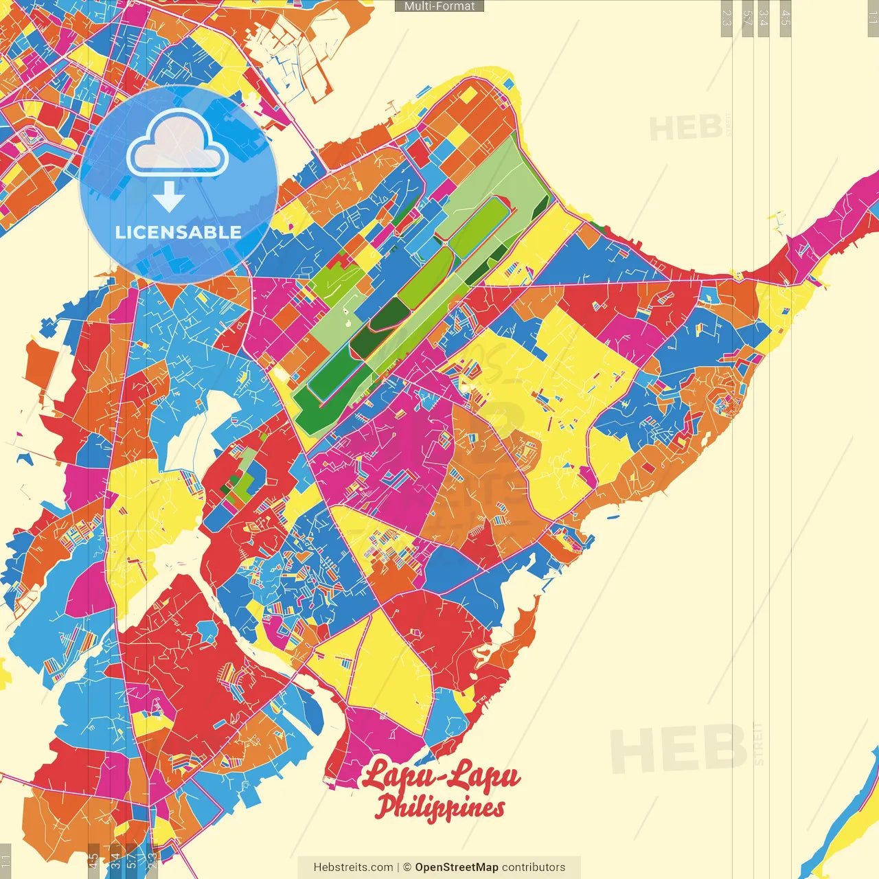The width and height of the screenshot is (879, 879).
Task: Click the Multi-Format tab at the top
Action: [x=439, y=6]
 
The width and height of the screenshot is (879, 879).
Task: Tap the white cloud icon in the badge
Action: [x=178, y=142]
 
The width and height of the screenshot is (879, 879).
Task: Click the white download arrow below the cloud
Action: [x=169, y=196]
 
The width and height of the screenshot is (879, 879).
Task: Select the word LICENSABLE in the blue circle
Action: [x=179, y=232]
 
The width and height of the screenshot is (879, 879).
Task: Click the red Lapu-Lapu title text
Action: [x=441, y=776]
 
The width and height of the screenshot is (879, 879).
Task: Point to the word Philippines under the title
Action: [x=440, y=807]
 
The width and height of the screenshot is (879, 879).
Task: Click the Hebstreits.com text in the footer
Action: [x=353, y=867]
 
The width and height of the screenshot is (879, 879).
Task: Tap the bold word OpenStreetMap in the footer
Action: [x=457, y=867]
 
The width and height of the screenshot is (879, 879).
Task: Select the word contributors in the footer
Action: [x=534, y=867]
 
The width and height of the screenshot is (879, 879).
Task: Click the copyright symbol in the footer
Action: [x=407, y=867]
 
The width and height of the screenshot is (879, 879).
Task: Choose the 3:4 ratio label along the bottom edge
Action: [x=115, y=860]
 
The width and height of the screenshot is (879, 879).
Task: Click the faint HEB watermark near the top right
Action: [x=686, y=128]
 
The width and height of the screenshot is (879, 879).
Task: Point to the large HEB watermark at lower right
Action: [x=678, y=749]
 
